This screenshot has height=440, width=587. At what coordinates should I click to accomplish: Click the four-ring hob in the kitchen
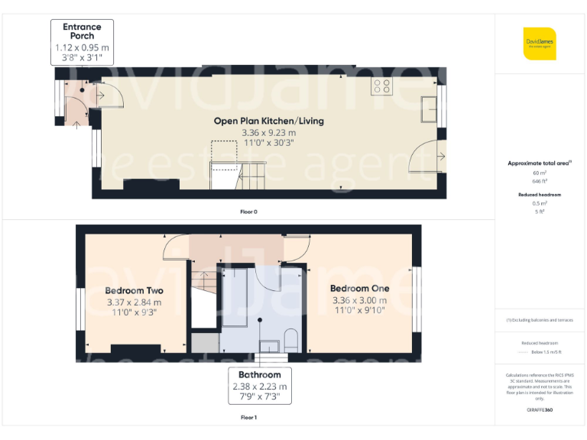coord(381,86)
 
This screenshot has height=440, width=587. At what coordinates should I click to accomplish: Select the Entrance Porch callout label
coord(82,31)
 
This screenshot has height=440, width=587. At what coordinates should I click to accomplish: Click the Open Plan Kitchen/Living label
coord(268,121)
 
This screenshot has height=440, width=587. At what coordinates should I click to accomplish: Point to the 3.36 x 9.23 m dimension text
coord(268,132)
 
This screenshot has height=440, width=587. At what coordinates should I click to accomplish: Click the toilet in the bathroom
coord(290,338)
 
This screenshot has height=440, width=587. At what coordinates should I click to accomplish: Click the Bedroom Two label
coord(134,290)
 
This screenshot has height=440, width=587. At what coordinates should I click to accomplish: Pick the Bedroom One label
coord(359,288)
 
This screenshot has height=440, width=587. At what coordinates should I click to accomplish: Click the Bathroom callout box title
coord(259,374)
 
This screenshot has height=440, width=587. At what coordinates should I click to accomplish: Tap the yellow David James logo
coord(540,44)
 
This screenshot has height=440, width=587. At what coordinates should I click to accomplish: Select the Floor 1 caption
coord(248,418)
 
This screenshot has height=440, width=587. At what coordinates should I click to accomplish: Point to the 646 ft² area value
coord(540,181)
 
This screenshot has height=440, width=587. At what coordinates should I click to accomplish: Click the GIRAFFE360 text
coord(540,410)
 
